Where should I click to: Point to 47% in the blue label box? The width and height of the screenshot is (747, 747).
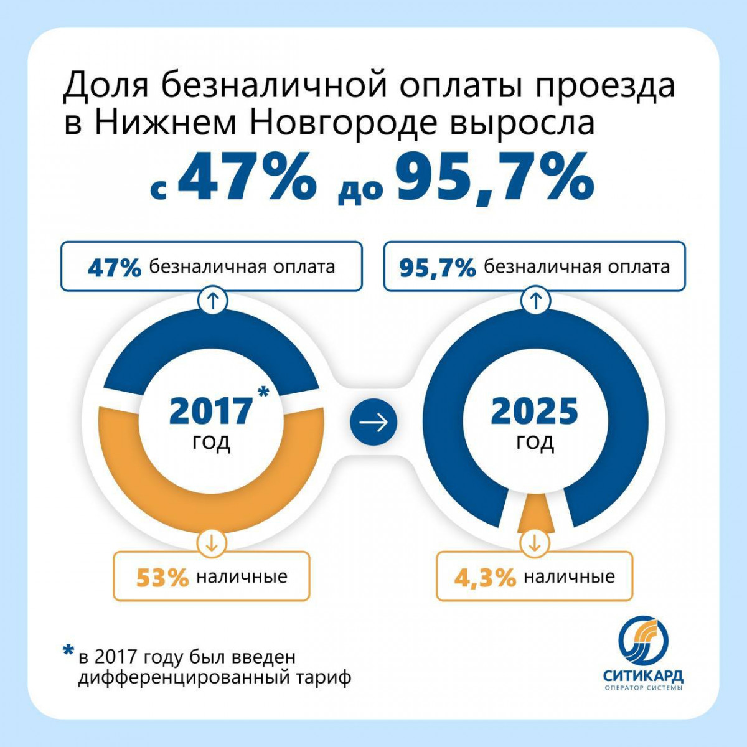[115, 268]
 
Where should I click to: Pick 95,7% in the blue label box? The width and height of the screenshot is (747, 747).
[438, 268]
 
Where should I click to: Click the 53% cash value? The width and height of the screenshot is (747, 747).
[162, 578]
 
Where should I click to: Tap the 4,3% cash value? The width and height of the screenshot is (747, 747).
[485, 578]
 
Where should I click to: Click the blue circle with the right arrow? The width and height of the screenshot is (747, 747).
[374, 423]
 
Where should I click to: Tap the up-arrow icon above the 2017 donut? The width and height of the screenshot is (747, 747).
[212, 301]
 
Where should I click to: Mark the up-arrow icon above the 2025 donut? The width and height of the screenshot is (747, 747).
[535, 301]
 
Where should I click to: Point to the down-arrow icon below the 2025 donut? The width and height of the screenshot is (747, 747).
[534, 543]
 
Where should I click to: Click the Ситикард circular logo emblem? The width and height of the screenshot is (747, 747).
[642, 641]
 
